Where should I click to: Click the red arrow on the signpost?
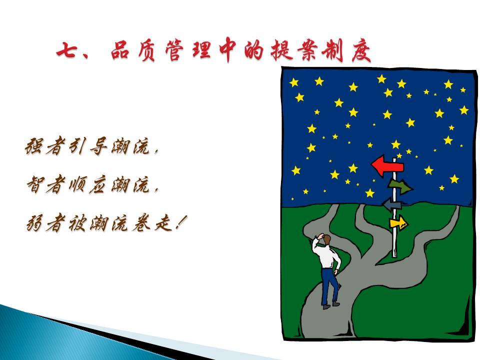[387, 166]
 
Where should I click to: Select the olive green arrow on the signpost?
[400, 186]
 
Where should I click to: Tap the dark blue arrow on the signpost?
[392, 204]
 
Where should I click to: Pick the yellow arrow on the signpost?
[398, 222]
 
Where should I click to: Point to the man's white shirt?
[326, 256]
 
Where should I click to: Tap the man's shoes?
[330, 305]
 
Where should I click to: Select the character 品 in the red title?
[120, 50]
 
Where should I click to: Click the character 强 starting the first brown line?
[34, 146]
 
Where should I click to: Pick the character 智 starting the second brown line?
[35, 184]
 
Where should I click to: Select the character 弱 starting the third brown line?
[35, 223]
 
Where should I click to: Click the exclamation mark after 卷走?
[180, 223]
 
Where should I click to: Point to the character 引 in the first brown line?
[77, 146]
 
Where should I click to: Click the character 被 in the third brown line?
[77, 223]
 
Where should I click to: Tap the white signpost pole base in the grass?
[394, 254]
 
